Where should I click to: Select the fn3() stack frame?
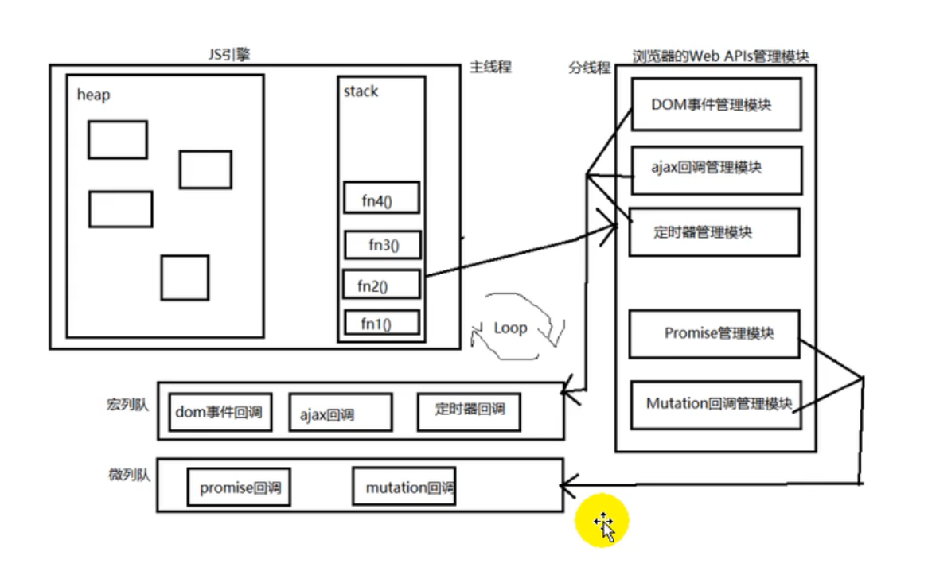[x=383, y=244]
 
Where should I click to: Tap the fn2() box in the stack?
[x=381, y=284]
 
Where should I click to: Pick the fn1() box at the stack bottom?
[x=381, y=323]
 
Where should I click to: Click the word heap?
[x=93, y=95]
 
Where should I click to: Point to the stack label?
[x=361, y=91]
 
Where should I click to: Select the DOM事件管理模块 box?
[x=715, y=104]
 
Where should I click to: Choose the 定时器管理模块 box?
[x=714, y=232]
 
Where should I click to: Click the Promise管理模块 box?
[x=713, y=334]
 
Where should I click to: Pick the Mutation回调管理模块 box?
[x=715, y=404]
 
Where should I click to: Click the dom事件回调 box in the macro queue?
[x=216, y=412]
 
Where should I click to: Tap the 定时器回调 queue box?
[x=468, y=410]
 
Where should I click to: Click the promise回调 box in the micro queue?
[x=239, y=487]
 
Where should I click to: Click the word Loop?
[x=510, y=327]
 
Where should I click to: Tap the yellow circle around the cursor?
[x=602, y=523]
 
